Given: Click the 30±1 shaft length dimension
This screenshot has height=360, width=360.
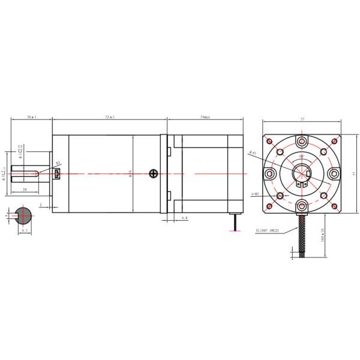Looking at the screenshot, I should pos(31,117).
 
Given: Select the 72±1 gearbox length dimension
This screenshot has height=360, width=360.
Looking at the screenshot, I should pos(109,117).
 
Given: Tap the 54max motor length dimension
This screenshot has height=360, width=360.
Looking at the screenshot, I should pos(204,117).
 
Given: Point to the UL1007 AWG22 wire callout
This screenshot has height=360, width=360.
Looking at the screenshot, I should pos(268,229).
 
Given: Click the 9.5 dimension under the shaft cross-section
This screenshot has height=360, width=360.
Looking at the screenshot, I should pos(25,229).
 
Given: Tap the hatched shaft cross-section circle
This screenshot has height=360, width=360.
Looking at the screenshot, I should pos(25,215).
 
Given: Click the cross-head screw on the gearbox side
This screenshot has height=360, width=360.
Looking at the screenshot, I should pos(154,174).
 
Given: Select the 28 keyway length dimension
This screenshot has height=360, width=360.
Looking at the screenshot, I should pos(24,189).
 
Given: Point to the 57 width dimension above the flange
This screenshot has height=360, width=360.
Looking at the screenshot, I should pos(302,119).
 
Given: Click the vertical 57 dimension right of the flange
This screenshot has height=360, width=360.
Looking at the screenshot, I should pos(353,173).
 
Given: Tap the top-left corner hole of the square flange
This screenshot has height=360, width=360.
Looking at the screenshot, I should pos(269,142).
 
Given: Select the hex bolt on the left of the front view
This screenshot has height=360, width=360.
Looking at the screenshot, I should pos(269,174).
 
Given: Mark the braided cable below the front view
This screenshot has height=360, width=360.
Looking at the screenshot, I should pos(302,237).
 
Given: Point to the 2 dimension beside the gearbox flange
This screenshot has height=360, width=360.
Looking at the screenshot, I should pos(41,205).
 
